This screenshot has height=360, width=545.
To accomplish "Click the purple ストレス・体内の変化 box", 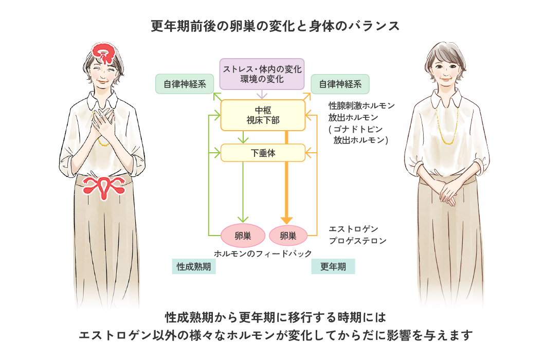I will pyautogui.click(x=262, y=73).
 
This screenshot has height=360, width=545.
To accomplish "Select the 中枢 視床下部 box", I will pyautogui.click(x=263, y=115).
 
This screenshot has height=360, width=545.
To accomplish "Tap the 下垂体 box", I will pyautogui.click(x=263, y=153).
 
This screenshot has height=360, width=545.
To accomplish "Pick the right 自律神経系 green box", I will pyautogui.click(x=340, y=84).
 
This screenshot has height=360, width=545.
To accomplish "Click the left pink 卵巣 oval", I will pyautogui.click(x=243, y=236).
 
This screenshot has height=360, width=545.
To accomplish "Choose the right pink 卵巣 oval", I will pyautogui.click(x=288, y=236).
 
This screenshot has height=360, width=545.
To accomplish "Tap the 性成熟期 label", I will pyautogui.click(x=193, y=266).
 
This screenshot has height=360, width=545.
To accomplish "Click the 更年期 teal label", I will pyautogui.click(x=333, y=266).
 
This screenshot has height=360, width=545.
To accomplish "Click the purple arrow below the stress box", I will pyautogui.click(x=263, y=95).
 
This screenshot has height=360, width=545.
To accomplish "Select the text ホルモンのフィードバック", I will pyautogui.click(x=263, y=253).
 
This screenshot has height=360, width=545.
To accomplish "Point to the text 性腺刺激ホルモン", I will pyautogui.click(x=361, y=106).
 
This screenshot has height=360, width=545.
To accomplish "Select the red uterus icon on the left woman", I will pyautogui.click(x=104, y=187).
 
